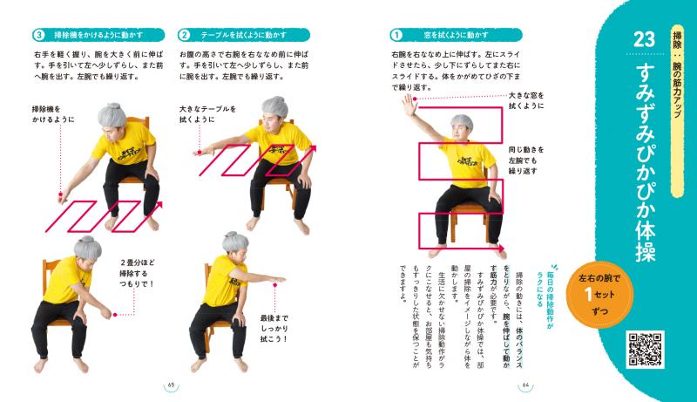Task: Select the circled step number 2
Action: coord(184,36)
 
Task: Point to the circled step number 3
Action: coord(38,36)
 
